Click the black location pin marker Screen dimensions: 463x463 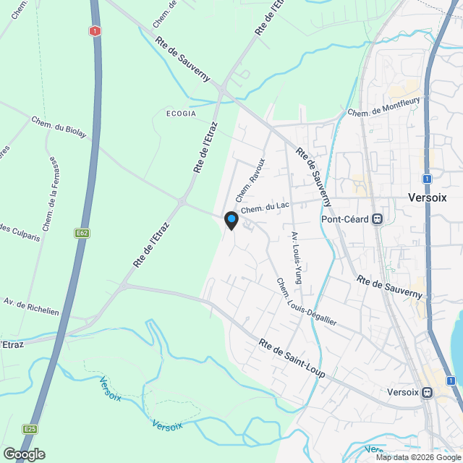(231, 220)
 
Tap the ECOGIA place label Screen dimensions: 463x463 (181, 114)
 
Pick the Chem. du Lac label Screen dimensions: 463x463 (265, 207)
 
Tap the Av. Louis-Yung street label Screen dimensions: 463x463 (296, 258)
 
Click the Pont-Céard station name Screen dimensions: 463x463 (345, 219)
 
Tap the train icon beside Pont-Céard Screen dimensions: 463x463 (377, 219)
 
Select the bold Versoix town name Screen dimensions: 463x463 (428, 197)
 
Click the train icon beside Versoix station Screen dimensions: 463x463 (428, 393)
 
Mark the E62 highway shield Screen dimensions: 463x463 (81, 234)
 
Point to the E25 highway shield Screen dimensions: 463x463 (30, 429)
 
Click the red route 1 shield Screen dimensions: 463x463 (95, 31)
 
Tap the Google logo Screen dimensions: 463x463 (24, 454)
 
